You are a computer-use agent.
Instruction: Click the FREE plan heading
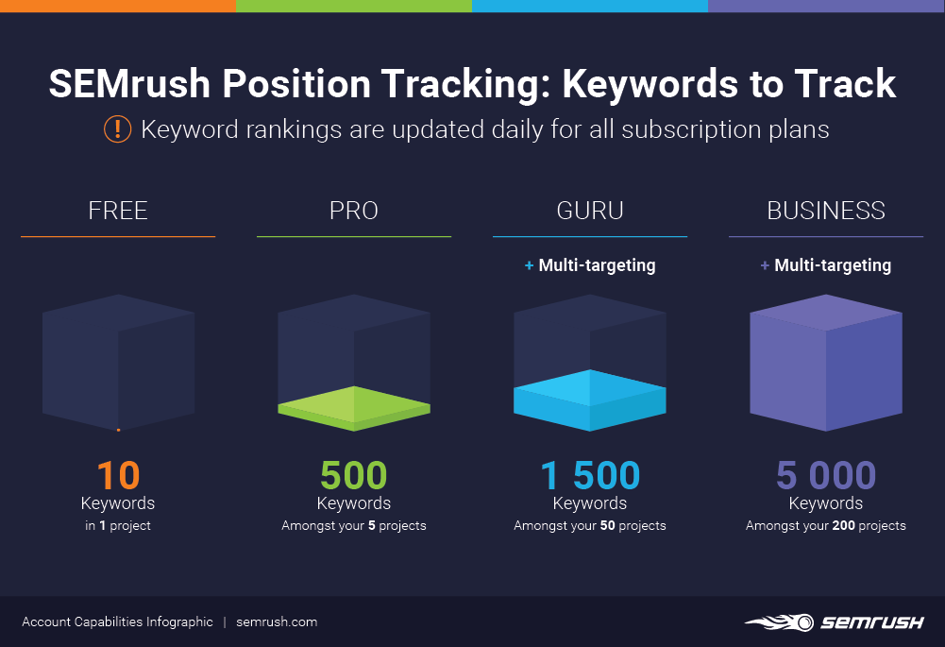tap(118, 210)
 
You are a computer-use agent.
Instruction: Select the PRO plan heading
tap(354, 210)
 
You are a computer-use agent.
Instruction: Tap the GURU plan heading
tap(590, 210)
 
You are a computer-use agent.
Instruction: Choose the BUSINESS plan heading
tap(826, 210)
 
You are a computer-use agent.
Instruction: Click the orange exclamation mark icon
tap(117, 128)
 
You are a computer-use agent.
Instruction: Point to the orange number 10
tap(118, 475)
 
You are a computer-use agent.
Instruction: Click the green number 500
tap(354, 475)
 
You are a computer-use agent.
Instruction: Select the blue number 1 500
tap(590, 475)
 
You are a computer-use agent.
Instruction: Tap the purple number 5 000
tap(826, 475)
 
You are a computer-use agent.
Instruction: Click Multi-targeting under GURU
tap(596, 265)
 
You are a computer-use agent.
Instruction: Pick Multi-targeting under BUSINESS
tap(832, 265)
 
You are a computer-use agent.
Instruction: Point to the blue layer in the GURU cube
tap(590, 399)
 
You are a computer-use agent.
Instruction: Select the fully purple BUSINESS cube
tap(826, 364)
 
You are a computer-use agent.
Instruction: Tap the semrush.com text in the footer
tap(277, 621)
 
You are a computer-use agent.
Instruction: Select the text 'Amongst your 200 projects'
tap(826, 525)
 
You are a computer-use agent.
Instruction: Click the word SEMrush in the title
tap(130, 84)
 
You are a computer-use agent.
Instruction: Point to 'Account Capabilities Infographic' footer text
tap(117, 621)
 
